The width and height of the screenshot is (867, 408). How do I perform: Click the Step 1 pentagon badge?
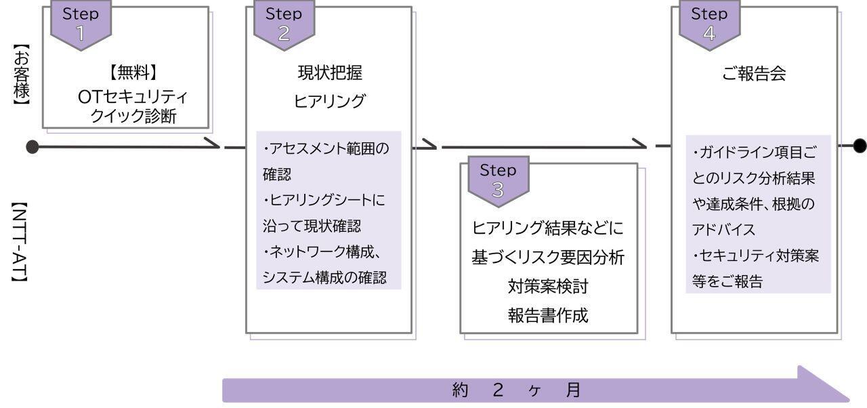click(81, 26)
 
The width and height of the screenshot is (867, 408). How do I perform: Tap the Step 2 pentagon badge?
click(284, 26)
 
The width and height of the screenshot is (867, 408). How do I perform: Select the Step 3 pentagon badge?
click(498, 182)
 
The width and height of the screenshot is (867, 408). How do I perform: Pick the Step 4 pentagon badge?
click(709, 26)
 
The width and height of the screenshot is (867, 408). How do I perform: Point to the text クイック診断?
click(133, 116)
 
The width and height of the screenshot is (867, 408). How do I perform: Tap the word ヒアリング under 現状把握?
click(329, 101)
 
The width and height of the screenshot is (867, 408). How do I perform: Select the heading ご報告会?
click(754, 74)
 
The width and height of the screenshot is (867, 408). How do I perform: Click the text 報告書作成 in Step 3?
click(548, 315)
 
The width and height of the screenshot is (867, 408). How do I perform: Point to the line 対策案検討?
click(548, 286)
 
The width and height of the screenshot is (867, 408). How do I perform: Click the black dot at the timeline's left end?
click(32, 147)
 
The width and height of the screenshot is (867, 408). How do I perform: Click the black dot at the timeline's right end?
click(859, 146)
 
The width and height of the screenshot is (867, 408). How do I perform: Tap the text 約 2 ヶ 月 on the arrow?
click(516, 390)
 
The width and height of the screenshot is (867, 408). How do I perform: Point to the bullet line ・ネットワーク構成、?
click(324, 252)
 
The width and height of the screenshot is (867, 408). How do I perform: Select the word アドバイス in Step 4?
click(723, 230)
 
